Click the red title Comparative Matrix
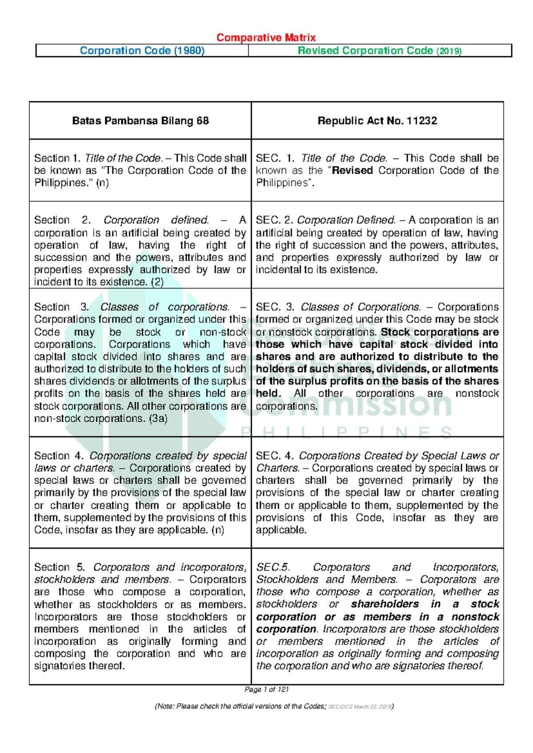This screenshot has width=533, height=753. pyautogui.click(x=266, y=38)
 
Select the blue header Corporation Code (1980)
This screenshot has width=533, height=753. pyautogui.click(x=142, y=51)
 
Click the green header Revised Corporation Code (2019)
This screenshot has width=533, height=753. pyautogui.click(x=380, y=51)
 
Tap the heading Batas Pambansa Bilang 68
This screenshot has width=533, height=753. pyautogui.click(x=140, y=121)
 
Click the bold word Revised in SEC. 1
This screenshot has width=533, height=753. pyautogui.click(x=353, y=170)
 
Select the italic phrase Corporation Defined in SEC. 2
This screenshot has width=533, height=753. pyautogui.click(x=346, y=220)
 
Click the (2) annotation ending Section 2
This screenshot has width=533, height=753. pyautogui.click(x=157, y=282)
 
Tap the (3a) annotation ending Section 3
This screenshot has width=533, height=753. pyautogui.click(x=159, y=418)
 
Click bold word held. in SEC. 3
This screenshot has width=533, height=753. pyautogui.click(x=268, y=393)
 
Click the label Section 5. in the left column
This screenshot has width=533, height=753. pyautogui.click(x=59, y=567)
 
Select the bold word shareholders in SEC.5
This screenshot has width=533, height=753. pyautogui.click(x=385, y=604)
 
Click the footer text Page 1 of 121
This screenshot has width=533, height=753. pyautogui.click(x=266, y=690)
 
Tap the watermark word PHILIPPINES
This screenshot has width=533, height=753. pyautogui.click(x=346, y=432)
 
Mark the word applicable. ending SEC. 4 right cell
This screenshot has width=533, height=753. pyautogui.click(x=281, y=530)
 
